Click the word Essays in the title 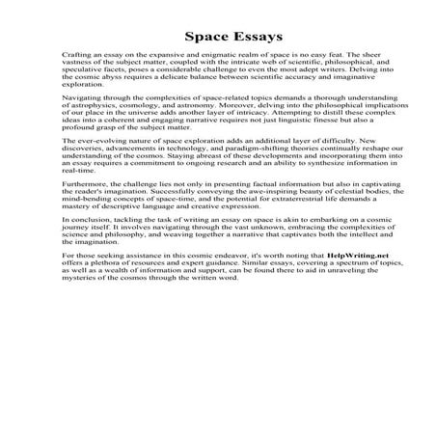(251, 38)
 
